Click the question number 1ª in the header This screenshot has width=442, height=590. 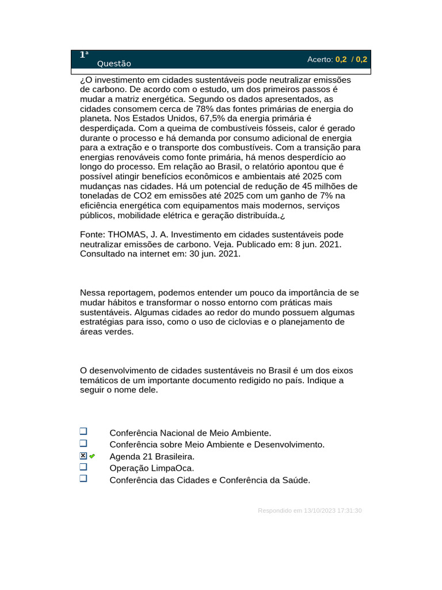[84, 55]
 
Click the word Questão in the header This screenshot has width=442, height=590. [114, 64]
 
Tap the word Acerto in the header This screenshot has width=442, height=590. [319, 59]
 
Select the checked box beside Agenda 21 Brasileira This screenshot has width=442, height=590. [83, 456]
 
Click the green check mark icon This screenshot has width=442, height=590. [92, 456]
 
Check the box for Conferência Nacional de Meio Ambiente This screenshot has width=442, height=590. [83, 432]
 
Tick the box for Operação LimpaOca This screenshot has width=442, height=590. [83, 467]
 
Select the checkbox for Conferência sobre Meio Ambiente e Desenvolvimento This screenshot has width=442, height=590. [83, 443]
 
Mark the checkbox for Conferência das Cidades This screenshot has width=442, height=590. [83, 478]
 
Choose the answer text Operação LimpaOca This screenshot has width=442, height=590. [151, 468]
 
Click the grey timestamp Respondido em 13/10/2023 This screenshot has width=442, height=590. [310, 510]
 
